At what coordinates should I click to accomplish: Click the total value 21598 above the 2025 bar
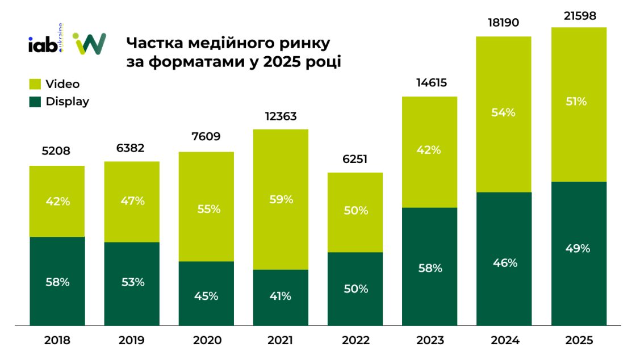tap(579, 16)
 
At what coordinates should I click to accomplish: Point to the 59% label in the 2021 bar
tap(281, 199)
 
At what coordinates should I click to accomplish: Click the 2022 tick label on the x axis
tap(355, 341)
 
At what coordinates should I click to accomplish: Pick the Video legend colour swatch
tap(35, 84)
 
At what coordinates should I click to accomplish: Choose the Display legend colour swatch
tap(35, 102)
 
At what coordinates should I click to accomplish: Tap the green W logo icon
tap(89, 44)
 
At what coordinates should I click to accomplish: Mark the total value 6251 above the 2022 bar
tap(355, 160)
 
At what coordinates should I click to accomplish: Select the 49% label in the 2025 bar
tap(579, 248)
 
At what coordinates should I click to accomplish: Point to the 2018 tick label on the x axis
tap(57, 341)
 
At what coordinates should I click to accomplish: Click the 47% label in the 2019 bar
tap(132, 200)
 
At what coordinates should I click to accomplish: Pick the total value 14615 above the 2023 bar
tap(429, 83)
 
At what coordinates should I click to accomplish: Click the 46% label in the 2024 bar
tap(504, 263)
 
